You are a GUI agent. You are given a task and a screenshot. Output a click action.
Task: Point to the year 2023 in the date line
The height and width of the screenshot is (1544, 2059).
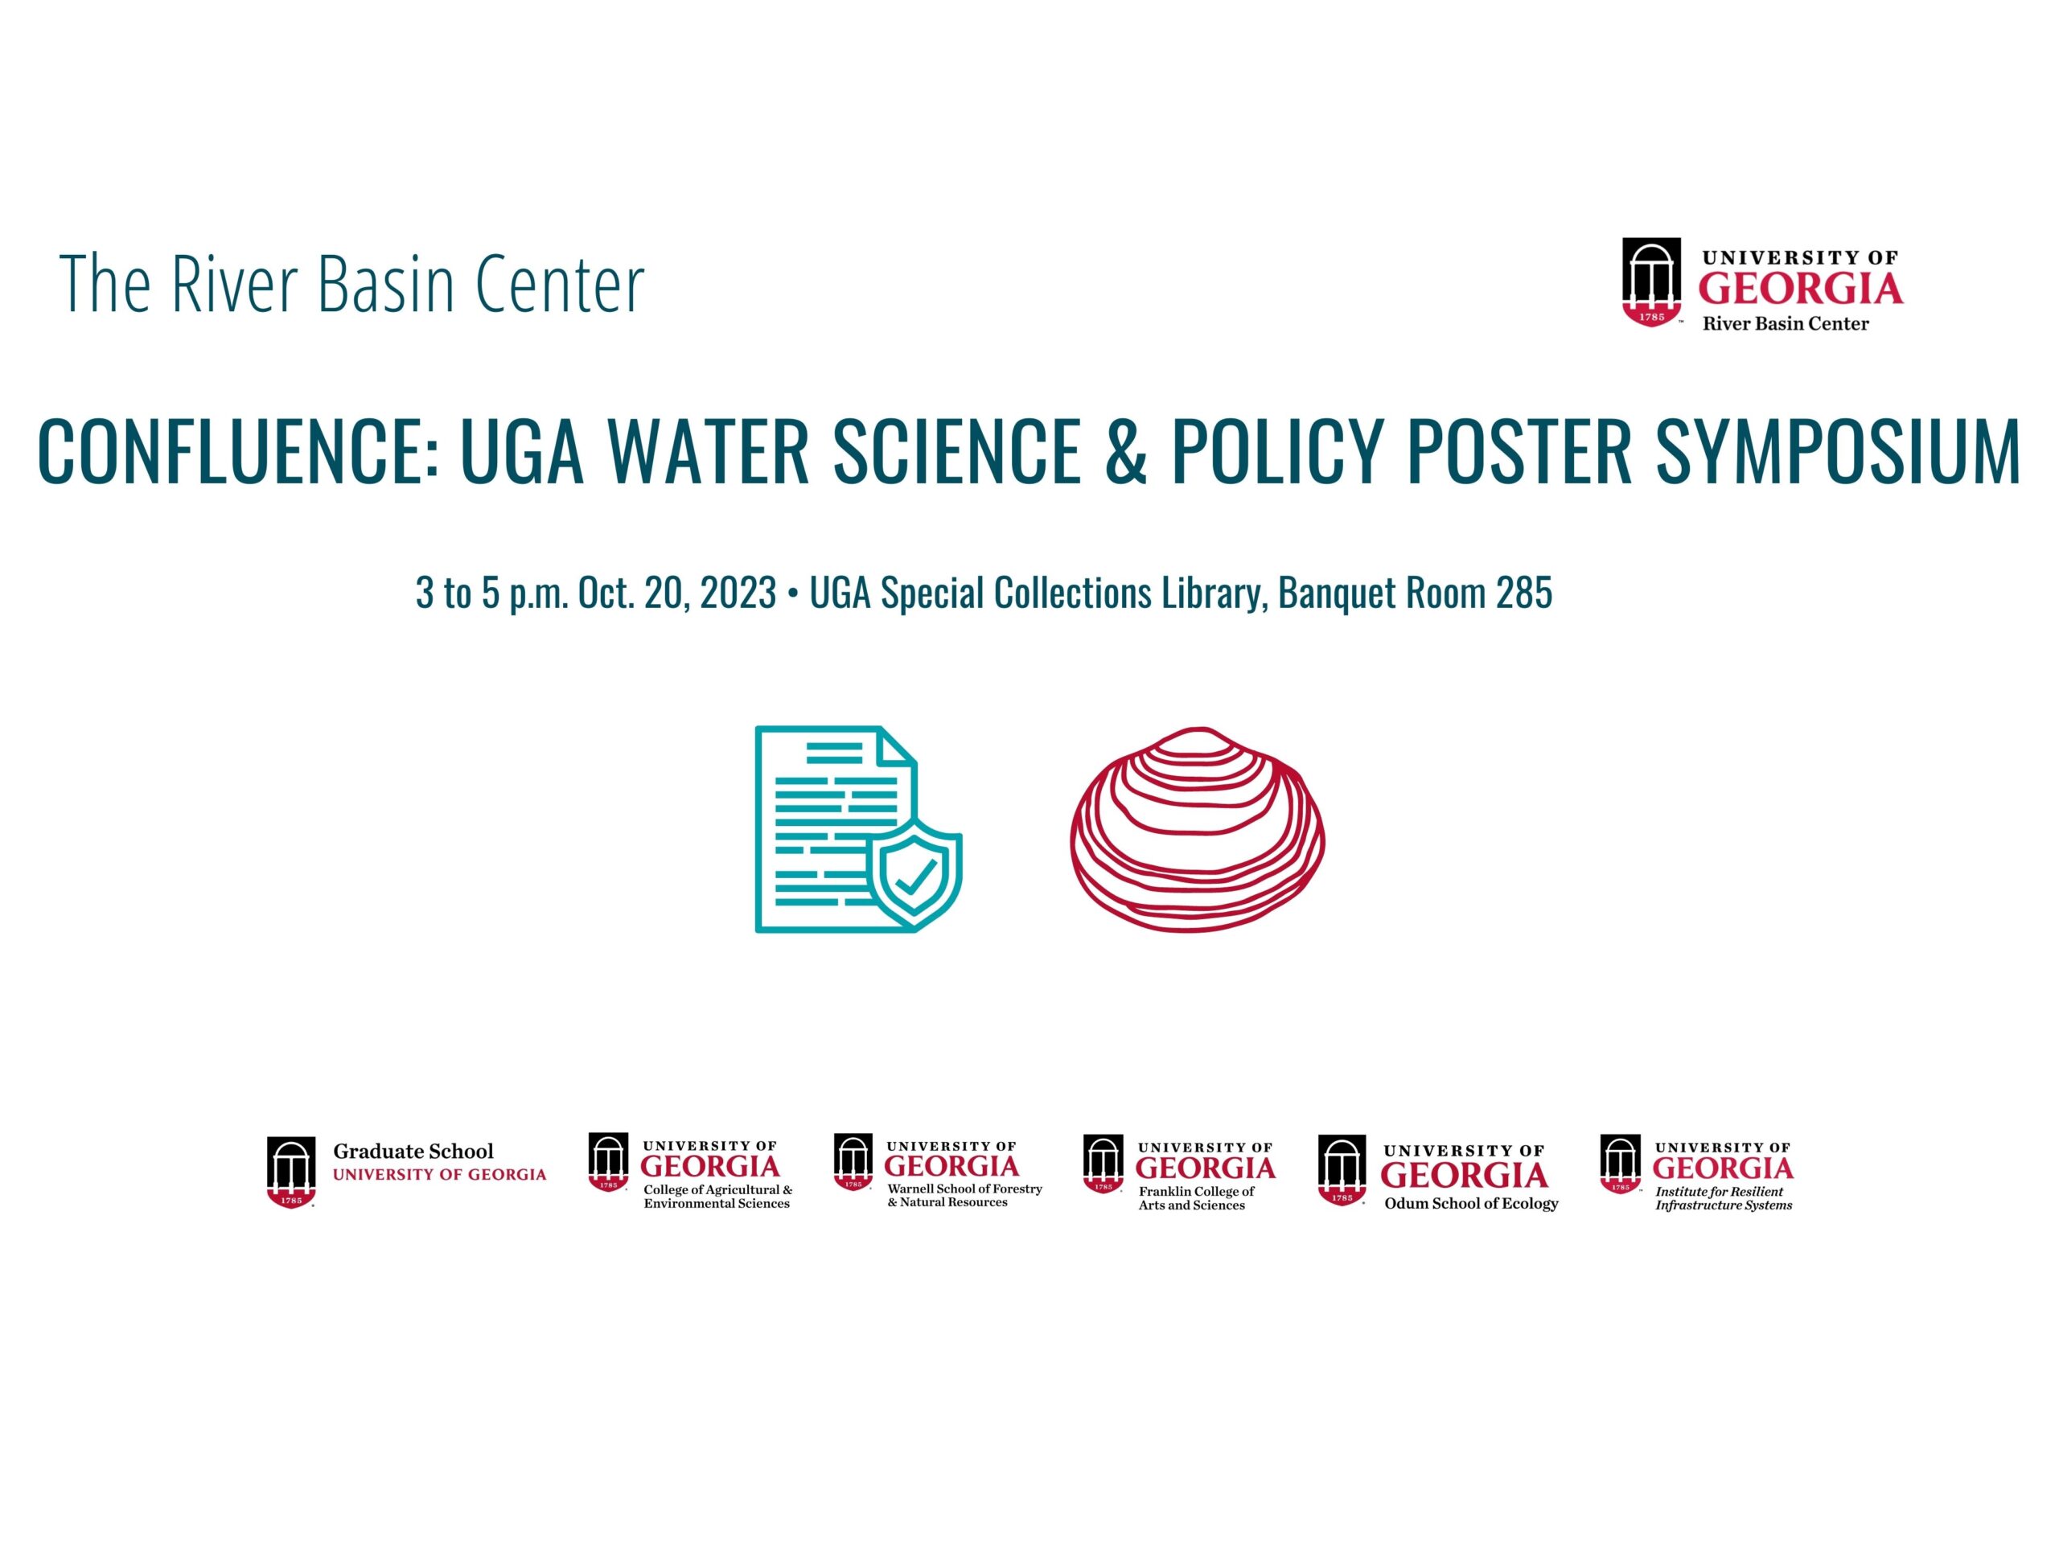coord(738,593)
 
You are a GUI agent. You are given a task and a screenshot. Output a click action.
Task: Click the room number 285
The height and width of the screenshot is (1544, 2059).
coord(1525,593)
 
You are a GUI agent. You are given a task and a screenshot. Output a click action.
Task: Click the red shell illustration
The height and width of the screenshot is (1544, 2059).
coord(1198,830)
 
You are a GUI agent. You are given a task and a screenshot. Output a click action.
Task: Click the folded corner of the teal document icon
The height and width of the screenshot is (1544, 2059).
coord(898,749)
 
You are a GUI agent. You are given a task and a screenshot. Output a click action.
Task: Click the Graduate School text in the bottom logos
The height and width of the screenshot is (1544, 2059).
coord(413,1152)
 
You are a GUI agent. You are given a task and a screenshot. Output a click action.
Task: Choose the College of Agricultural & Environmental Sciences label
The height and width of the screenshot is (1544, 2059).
coord(717,1197)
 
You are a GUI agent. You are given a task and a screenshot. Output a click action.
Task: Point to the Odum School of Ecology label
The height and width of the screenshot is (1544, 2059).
coord(1471,1203)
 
